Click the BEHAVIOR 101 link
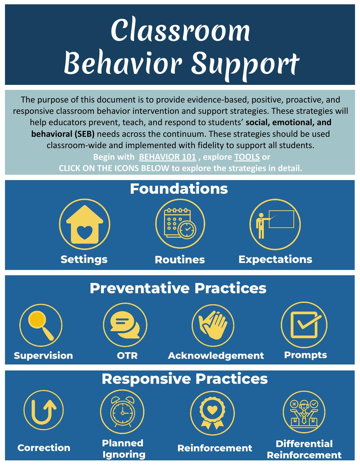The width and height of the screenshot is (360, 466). click(167, 157)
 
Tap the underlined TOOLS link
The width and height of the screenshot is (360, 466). click(247, 157)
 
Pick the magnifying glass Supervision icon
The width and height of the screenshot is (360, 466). click(41, 325)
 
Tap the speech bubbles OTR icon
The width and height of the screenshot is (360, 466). click(125, 325)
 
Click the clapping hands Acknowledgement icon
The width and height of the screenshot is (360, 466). click(213, 325)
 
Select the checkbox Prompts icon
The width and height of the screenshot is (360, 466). click(304, 325)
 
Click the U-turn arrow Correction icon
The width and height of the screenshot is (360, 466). click(44, 410)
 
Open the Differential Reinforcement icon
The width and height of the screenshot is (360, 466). click(304, 412)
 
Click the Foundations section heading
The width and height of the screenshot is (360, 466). click(179, 189)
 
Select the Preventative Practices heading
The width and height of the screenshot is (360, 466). click(178, 288)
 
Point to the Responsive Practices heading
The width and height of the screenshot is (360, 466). click(185, 379)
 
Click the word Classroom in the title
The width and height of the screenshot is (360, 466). click(180, 31)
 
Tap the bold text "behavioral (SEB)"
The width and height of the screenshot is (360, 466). click(63, 134)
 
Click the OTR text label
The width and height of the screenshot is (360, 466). click(127, 356)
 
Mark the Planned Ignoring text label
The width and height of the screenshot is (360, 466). click(123, 449)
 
